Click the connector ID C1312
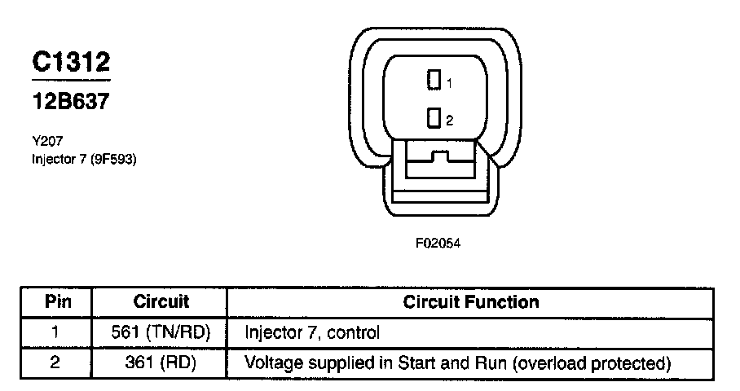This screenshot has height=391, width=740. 70,62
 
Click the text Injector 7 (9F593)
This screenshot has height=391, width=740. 83,159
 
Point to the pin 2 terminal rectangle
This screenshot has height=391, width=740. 435,119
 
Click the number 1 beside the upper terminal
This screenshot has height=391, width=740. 448,83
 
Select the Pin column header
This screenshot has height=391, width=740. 57,301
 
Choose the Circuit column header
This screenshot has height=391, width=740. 161,301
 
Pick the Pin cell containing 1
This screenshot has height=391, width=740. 55,332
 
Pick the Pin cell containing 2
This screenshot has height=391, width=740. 55,362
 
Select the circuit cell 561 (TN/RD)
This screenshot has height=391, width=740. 161,332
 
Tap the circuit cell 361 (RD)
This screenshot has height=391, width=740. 161,362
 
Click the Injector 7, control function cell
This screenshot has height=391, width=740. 313,332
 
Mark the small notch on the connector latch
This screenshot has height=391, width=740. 441,154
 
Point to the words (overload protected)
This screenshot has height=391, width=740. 592,362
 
